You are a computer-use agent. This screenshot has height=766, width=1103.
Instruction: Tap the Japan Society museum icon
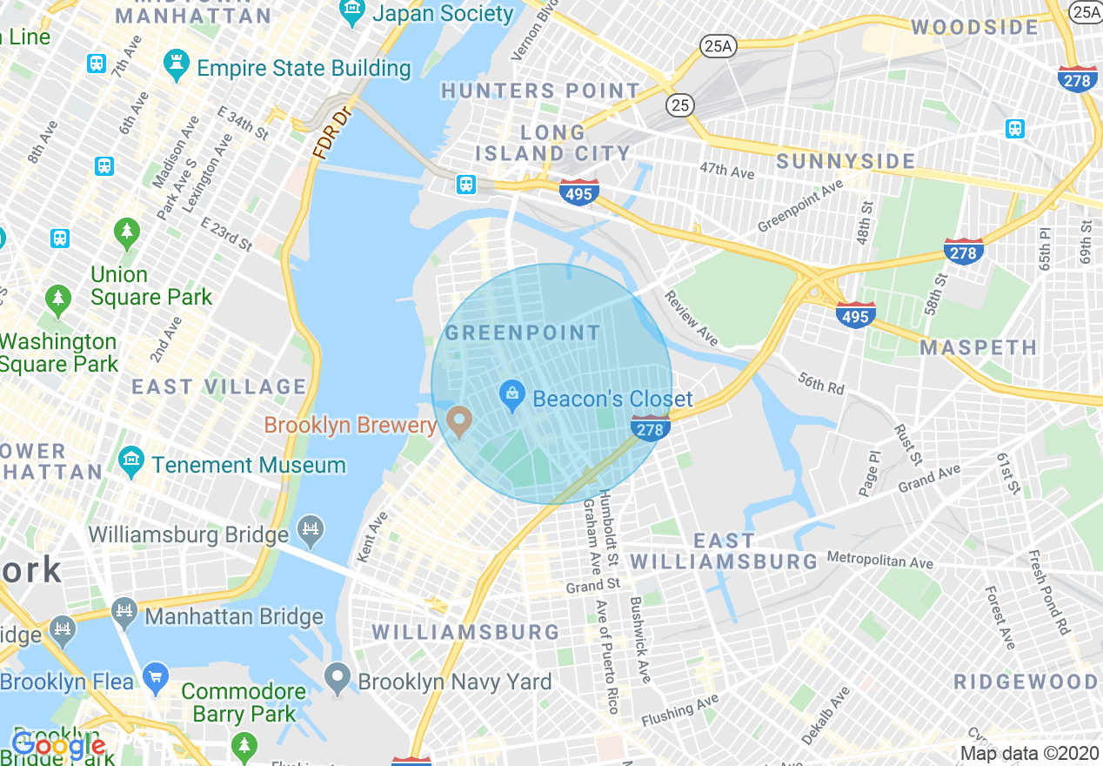(352, 13)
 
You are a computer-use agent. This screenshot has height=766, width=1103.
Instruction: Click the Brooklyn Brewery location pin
(458, 424)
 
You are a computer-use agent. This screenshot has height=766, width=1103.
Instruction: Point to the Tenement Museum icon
(131, 464)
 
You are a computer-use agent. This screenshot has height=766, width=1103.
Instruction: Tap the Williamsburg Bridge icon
(311, 527)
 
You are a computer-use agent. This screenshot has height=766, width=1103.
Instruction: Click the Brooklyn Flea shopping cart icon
(156, 676)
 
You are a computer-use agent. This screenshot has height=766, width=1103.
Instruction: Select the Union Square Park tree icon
(127, 232)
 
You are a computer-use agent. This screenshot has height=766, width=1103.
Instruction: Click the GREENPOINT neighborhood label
(523, 333)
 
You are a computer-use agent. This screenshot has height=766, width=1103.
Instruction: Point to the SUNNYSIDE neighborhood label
(846, 161)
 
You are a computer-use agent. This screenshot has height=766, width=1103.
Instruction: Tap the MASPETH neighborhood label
(979, 348)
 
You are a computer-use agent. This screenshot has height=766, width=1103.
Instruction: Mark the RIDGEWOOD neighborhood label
(1026, 682)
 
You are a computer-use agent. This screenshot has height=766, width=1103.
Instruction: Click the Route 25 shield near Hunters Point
(681, 105)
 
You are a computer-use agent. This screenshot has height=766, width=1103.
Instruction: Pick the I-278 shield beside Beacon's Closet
(650, 428)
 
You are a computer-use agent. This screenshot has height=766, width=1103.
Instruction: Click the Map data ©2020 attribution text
(1029, 753)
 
